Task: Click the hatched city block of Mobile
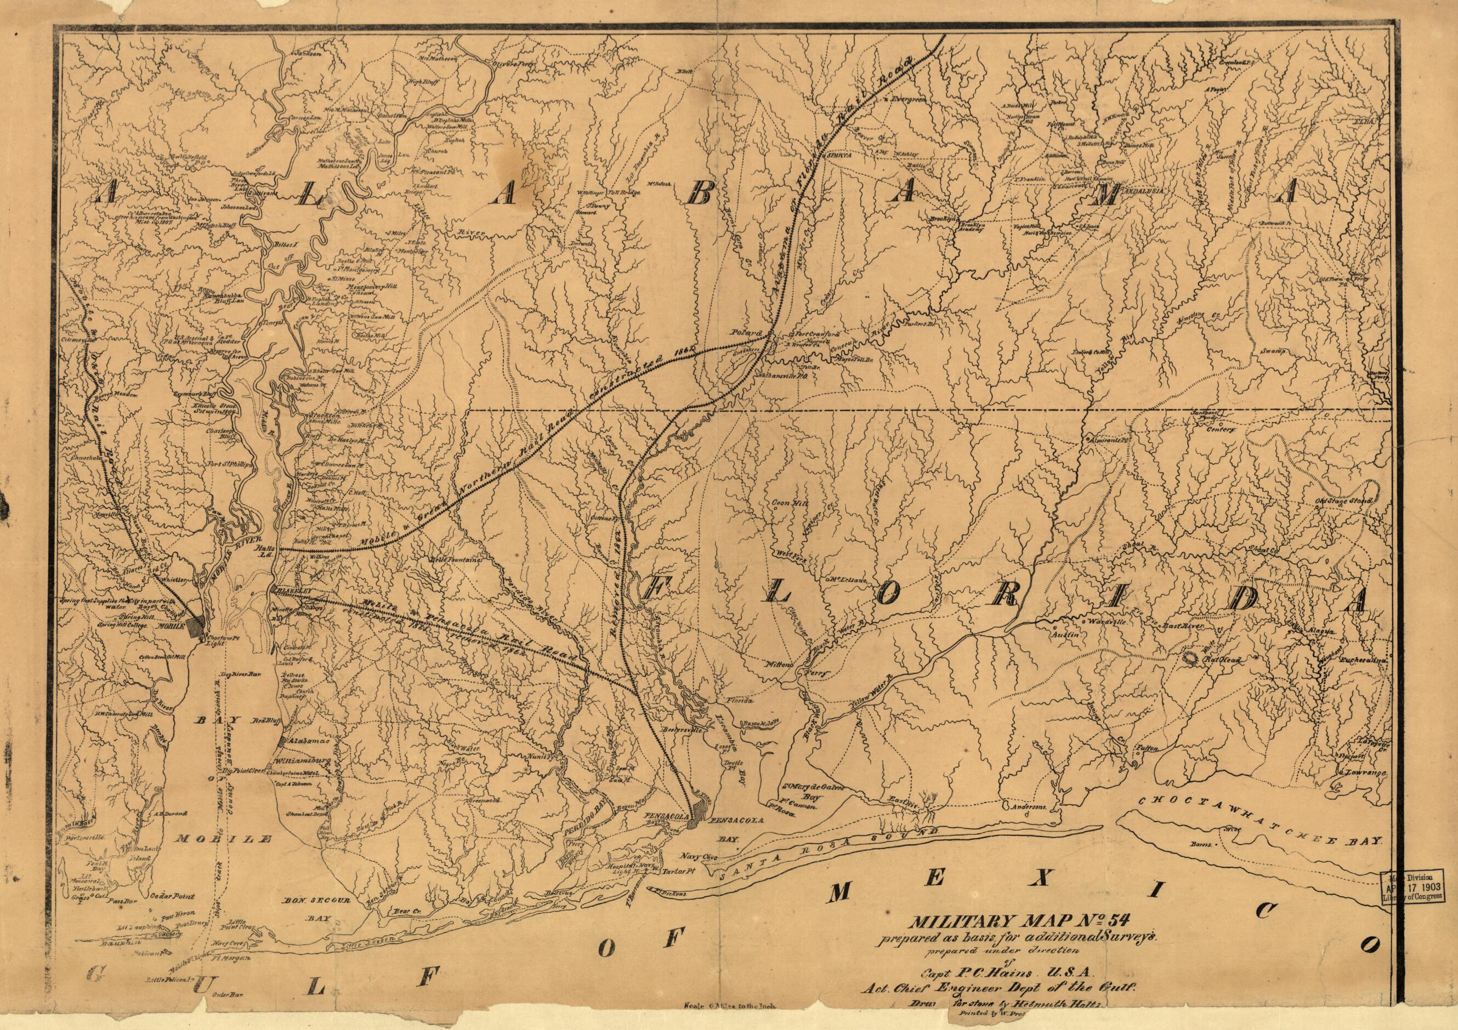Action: [197, 624]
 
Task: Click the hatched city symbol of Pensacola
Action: [699, 810]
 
